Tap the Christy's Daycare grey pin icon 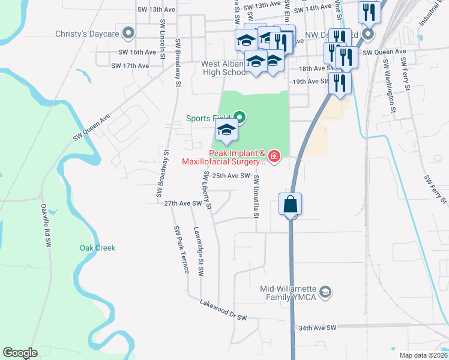[128, 34]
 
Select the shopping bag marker [291, 204]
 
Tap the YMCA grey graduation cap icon [325, 292]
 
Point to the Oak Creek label [97, 248]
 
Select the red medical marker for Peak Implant [274, 157]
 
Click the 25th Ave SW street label [231, 176]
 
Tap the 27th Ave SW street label [183, 204]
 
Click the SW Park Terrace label [182, 250]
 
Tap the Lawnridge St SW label [199, 251]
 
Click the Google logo [20, 353]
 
